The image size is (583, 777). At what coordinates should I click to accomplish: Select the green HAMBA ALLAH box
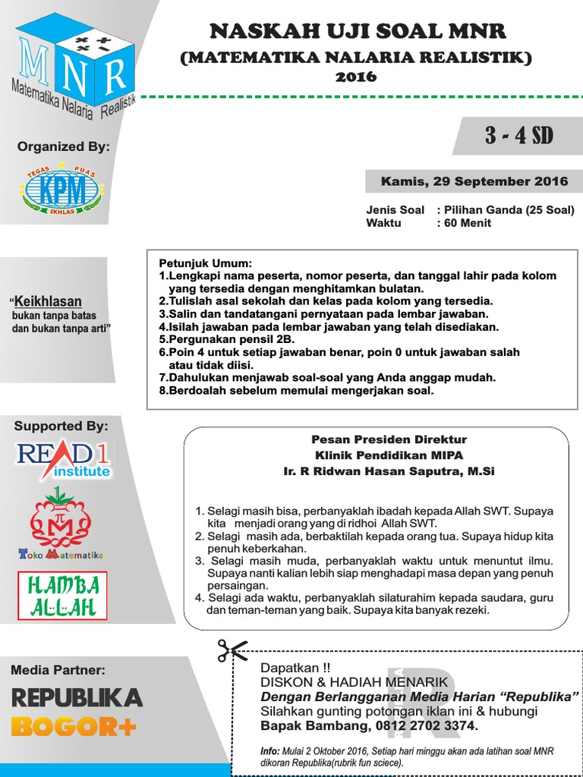62,596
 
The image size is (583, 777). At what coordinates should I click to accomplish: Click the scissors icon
232,651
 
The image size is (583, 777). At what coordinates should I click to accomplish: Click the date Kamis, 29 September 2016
474,181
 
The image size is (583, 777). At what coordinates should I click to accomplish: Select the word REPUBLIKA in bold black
76,698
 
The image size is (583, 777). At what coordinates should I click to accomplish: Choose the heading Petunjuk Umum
200,263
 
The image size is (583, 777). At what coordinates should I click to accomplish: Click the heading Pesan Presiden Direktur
378,439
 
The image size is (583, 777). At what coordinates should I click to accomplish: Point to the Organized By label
61,146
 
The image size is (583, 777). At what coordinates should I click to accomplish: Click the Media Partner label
58,669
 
